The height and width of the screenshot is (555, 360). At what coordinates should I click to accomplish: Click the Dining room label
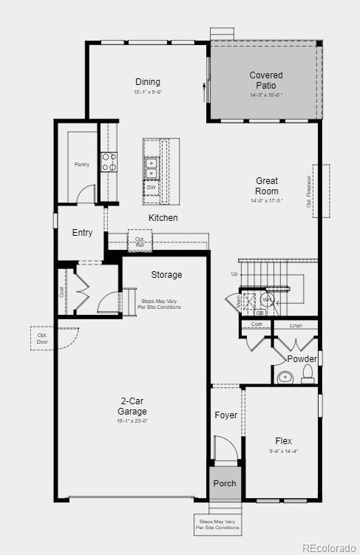click(148, 82)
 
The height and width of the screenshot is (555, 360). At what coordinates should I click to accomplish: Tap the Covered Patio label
click(265, 80)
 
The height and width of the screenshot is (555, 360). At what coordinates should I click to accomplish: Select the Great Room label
click(267, 185)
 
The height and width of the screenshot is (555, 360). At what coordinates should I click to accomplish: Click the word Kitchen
click(163, 218)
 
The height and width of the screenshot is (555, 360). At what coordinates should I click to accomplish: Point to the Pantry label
click(81, 164)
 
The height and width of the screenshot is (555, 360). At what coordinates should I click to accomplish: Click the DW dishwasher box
click(152, 188)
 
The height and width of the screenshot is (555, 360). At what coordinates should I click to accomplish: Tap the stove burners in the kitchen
click(109, 162)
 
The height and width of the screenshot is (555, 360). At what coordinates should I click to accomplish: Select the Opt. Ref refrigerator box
click(140, 241)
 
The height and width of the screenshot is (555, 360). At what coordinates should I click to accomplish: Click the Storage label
click(166, 275)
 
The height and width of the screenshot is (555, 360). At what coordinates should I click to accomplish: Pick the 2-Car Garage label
click(133, 406)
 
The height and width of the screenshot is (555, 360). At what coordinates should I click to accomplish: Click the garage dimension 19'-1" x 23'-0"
click(133, 421)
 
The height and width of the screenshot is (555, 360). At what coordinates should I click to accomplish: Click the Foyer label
click(226, 415)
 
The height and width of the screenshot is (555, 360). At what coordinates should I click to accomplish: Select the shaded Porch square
click(225, 483)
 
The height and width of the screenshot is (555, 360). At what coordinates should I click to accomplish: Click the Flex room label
click(283, 440)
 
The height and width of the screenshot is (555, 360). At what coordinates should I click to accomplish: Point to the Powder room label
click(302, 359)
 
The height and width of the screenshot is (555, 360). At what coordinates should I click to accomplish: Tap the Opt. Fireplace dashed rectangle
click(321, 191)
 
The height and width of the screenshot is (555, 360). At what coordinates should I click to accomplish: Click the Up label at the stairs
click(235, 274)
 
